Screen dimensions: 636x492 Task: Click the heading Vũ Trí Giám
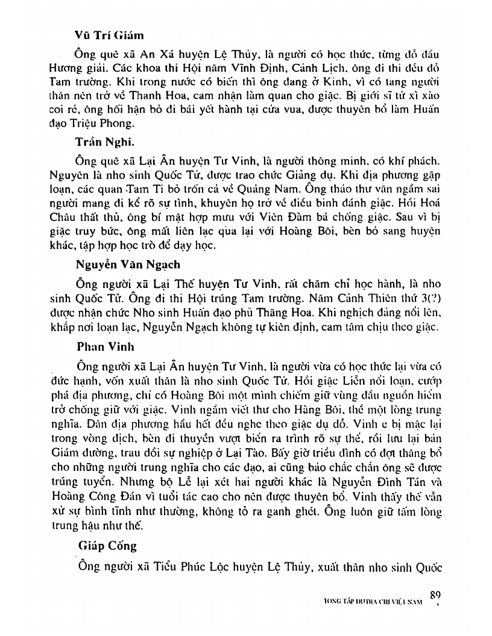110,36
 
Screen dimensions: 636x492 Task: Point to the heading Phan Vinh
101,348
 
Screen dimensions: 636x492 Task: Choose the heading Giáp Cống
107,547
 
